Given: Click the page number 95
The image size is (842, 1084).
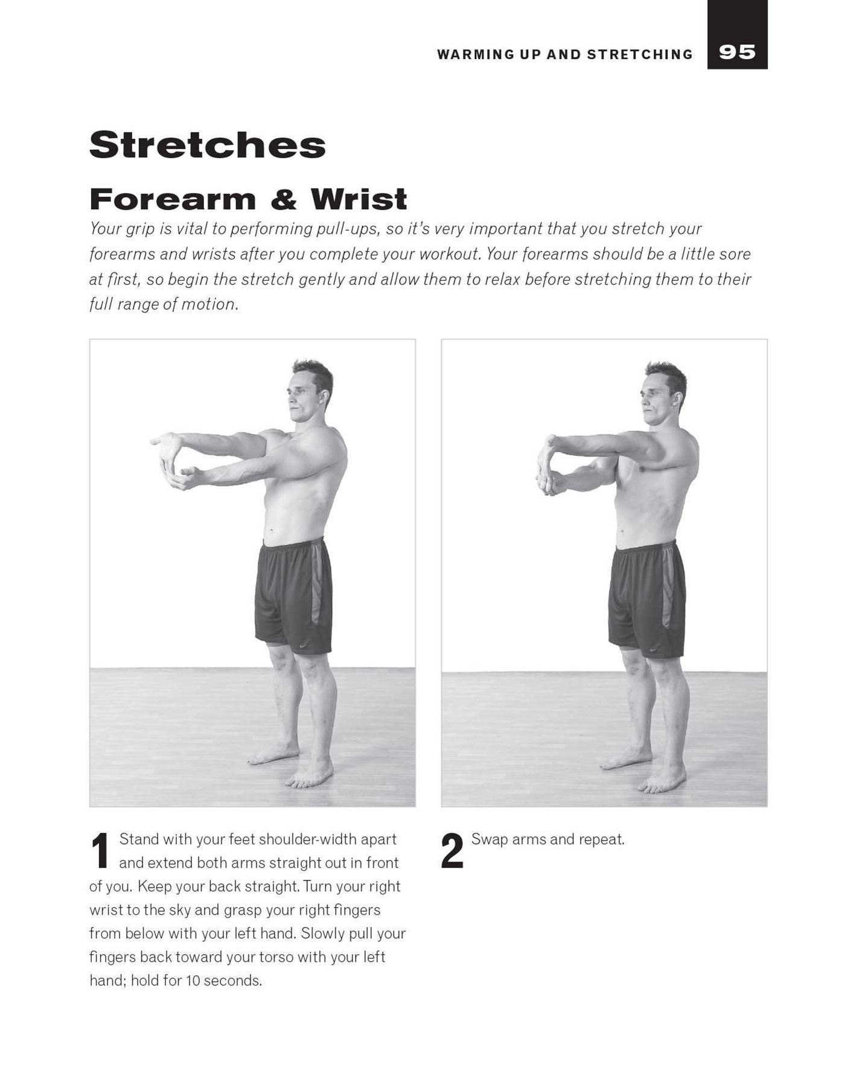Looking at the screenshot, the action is pos(737,53).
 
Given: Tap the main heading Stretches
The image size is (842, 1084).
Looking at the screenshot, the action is pos(208,145).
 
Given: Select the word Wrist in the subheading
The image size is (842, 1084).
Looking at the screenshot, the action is pos(359,199).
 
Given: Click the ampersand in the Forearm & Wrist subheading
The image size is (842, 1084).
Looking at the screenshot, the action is pos(283,200).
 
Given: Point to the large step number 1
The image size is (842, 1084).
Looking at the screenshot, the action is pos(100,851).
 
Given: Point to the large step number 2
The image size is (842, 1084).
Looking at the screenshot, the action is pos(452,851).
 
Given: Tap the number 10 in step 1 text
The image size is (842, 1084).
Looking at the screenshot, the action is pos(193,981).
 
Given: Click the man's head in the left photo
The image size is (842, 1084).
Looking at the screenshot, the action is pos(310,391).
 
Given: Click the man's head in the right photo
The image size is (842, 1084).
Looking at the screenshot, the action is pos(663,393).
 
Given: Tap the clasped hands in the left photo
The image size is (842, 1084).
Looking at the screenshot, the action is pos(175,462).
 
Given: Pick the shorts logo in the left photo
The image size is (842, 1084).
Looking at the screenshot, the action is pos(304,646).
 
